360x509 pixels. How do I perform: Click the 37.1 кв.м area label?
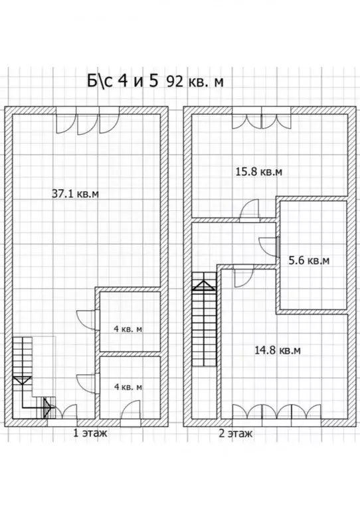[x=75, y=194]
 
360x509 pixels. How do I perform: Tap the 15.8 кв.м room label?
[x=259, y=171]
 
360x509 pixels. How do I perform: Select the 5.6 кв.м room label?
[x=309, y=260]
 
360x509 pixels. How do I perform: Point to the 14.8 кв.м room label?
[x=278, y=350]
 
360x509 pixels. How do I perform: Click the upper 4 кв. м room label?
[x=128, y=329]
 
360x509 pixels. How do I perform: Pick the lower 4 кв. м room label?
[x=128, y=387]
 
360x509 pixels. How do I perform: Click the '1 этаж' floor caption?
[x=90, y=433]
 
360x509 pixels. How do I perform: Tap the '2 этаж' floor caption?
[x=235, y=433]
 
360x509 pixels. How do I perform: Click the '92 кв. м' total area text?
[x=195, y=82]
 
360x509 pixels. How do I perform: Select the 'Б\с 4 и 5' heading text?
[x=122, y=81]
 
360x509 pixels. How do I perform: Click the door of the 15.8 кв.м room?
[x=249, y=210]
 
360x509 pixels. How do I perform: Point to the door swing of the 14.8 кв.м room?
[x=243, y=277]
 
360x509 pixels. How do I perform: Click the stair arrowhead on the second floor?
[x=203, y=285]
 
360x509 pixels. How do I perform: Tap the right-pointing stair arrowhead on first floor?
[x=48, y=407]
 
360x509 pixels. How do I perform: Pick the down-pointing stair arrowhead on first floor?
[x=22, y=380]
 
